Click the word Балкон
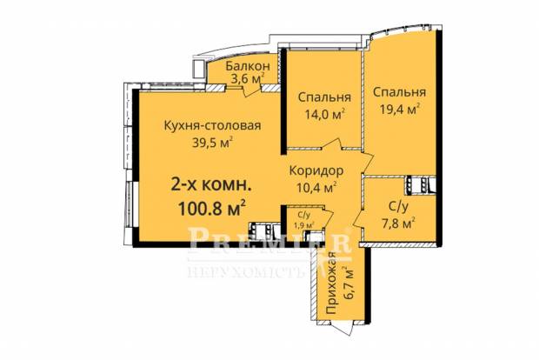pos(248,66)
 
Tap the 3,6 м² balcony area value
pos(248,79)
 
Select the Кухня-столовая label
pos(212,126)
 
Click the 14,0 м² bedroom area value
pos(325,114)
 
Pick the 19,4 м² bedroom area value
pos(400,109)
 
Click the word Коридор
pos(316,170)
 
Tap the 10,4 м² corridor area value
pos(316,188)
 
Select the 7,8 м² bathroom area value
pos(399,223)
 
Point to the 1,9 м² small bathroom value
pos(303,225)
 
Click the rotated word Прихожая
pos(331,283)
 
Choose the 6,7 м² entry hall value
pos(348,283)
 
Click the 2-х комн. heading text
pos(211,186)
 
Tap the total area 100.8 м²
pos(212,208)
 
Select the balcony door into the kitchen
pos(251,90)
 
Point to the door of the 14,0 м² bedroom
pos(333,144)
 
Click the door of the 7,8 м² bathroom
pos(359,219)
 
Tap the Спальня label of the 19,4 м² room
pos(399,92)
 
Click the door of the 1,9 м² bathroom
pos(328,217)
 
